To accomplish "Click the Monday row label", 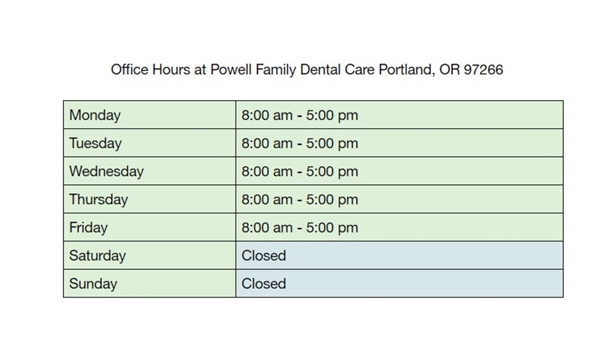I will pyautogui.click(x=95, y=116).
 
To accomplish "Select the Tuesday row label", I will pyautogui.click(x=95, y=144).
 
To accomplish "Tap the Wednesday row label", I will pyautogui.click(x=107, y=171).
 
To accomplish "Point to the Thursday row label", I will pyautogui.click(x=99, y=200).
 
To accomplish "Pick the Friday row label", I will pyautogui.click(x=89, y=228).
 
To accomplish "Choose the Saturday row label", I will pyautogui.click(x=98, y=255).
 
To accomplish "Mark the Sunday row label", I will pyautogui.click(x=93, y=284).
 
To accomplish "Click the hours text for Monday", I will pyautogui.click(x=300, y=116).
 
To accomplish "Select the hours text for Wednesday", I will pyautogui.click(x=300, y=171).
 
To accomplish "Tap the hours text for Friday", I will pyautogui.click(x=300, y=228).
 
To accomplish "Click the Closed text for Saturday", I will pyautogui.click(x=264, y=255).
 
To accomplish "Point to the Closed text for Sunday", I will pyautogui.click(x=264, y=284).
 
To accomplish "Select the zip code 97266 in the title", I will pyautogui.click(x=483, y=69).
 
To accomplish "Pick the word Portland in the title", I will pyautogui.click(x=405, y=69).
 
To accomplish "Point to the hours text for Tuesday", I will pyautogui.click(x=300, y=144).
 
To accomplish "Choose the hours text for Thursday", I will pyautogui.click(x=300, y=200).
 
